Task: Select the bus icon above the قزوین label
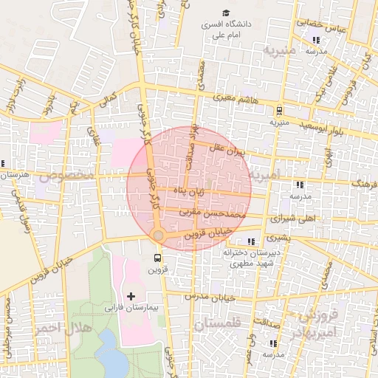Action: (x=157, y=258)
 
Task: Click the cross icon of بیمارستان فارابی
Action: (x=131, y=296)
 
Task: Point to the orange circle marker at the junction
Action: (x=157, y=235)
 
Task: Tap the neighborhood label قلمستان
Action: (x=219, y=323)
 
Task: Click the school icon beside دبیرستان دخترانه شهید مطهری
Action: (x=252, y=241)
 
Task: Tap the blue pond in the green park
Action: (x=111, y=353)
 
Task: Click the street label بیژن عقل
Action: (x=226, y=150)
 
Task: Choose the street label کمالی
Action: (x=109, y=98)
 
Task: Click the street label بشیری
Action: (x=278, y=238)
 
